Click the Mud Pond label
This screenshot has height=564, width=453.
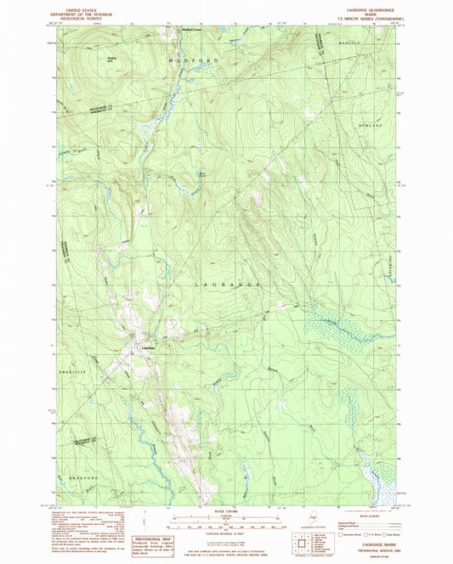(x=201, y=176)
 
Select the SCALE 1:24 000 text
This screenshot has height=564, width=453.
(x=226, y=510)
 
